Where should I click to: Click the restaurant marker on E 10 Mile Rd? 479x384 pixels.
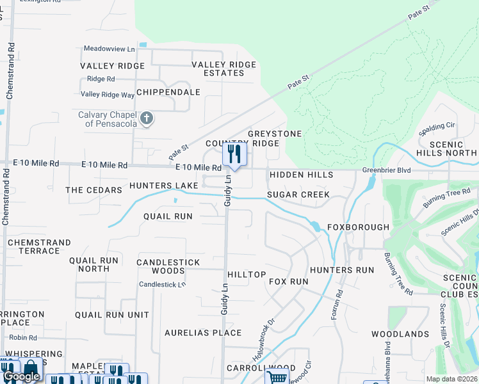[234, 154]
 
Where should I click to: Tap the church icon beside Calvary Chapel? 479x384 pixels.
[147, 118]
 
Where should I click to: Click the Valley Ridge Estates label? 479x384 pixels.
[224, 68]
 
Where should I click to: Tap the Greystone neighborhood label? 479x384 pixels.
[274, 134]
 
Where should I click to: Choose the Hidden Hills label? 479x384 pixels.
[301, 175]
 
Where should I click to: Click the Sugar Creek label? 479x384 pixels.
[298, 195]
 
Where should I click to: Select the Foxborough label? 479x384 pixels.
[358, 227]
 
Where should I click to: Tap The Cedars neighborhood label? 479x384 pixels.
[93, 190]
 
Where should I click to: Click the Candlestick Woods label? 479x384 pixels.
[168, 266]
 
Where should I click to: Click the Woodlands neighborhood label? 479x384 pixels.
[400, 334]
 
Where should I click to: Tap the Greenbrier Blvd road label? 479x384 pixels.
[384, 171]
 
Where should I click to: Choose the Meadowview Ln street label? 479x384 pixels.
[110, 49]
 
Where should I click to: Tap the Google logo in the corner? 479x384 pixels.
[21, 376]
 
